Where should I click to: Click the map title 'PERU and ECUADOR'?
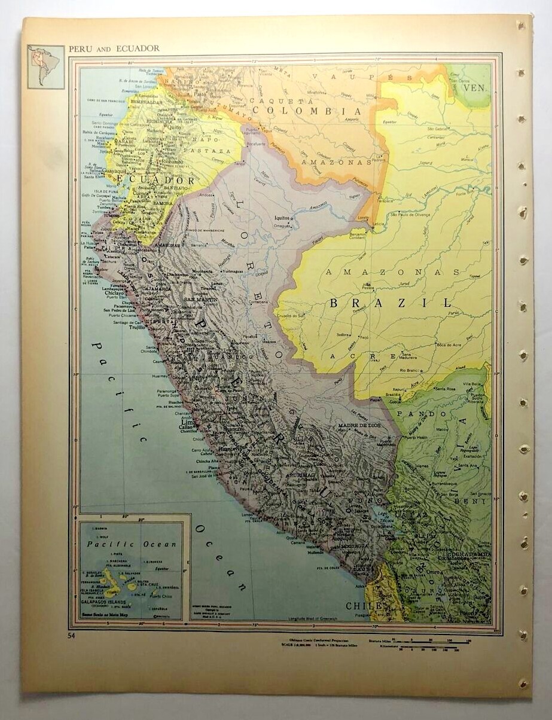[x=114, y=48]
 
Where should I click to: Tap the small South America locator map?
[x=45, y=66]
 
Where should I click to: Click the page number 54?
[x=72, y=635]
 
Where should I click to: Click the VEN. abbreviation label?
[x=477, y=87]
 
